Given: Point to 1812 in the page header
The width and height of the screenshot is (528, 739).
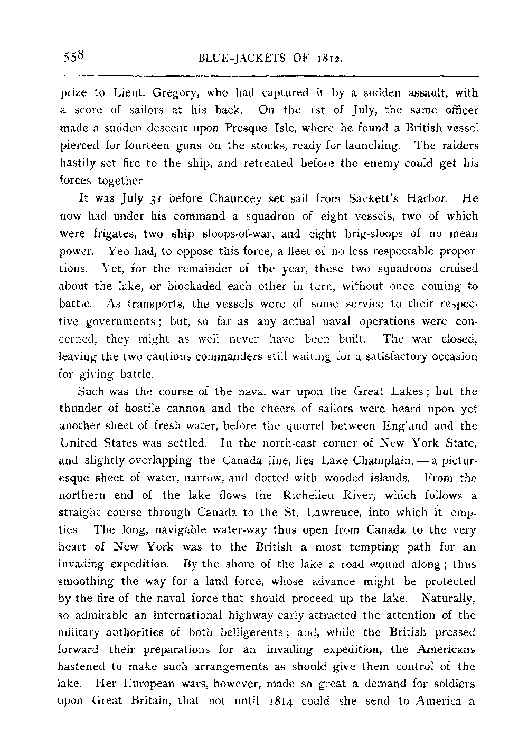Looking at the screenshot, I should [329, 58].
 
